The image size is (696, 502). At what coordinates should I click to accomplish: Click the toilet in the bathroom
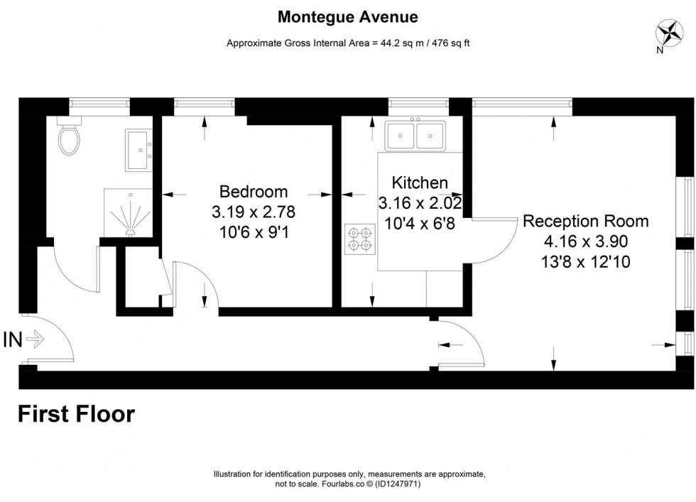[70, 138]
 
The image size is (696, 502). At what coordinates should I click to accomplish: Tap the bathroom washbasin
[138, 150]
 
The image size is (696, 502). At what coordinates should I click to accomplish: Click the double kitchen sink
[415, 135]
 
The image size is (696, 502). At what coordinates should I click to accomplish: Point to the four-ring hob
[360, 239]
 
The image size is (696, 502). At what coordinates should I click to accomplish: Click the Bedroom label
[254, 192]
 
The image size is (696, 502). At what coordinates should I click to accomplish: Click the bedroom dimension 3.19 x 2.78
[254, 212]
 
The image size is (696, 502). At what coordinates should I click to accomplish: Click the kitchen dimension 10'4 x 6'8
[420, 223]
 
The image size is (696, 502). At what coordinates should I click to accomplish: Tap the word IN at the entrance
[13, 340]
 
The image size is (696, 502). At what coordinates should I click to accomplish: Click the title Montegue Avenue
[347, 16]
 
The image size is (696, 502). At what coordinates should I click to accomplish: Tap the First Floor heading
[76, 413]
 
